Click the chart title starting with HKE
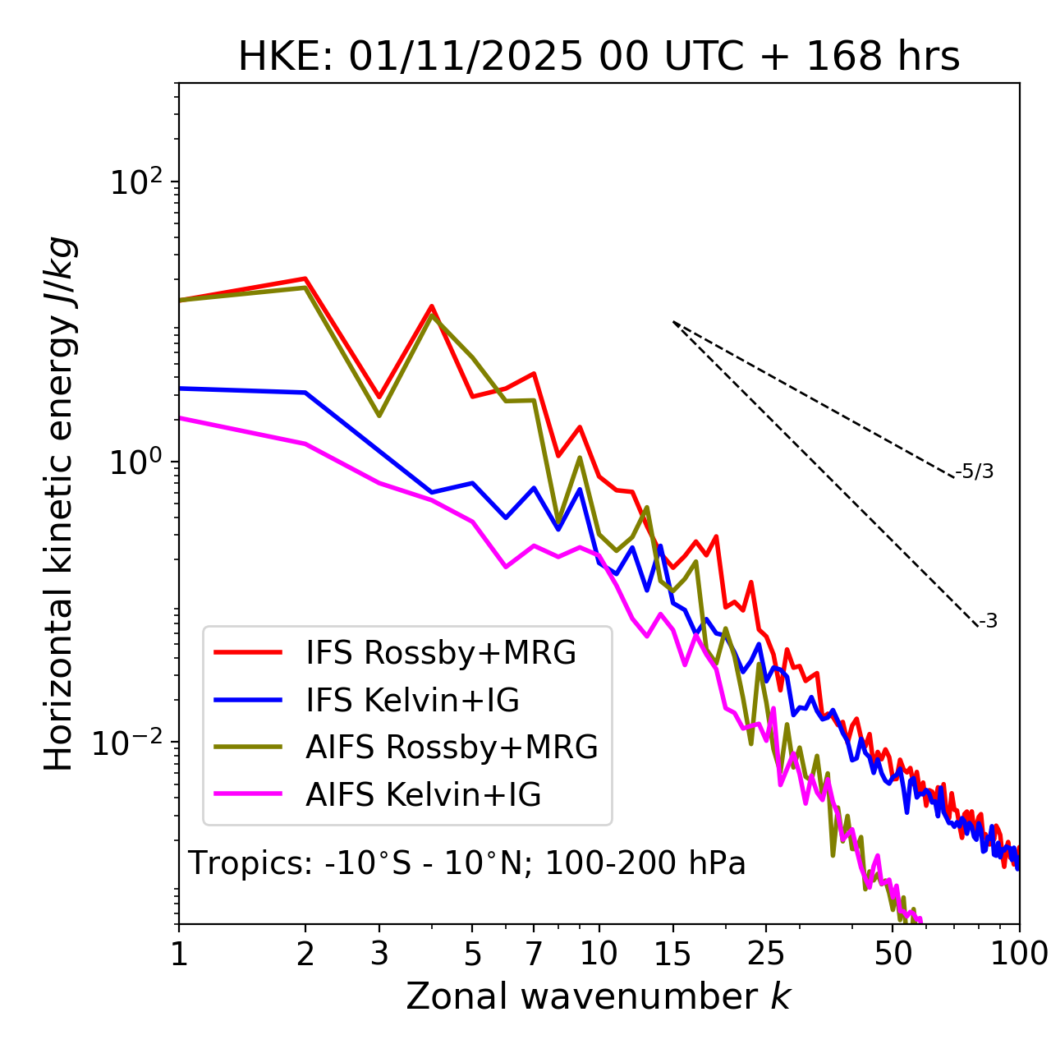click(x=599, y=57)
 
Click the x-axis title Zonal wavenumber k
click(x=598, y=996)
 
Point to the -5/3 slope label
click(x=975, y=471)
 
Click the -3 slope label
click(x=988, y=621)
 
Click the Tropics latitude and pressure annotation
click(x=466, y=863)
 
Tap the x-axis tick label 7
click(x=534, y=953)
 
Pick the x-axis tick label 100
click(x=1019, y=953)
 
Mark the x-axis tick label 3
click(x=379, y=953)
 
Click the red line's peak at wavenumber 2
click(x=305, y=278)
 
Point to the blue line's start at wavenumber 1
click(x=180, y=388)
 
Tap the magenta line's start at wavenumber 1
click(x=180, y=418)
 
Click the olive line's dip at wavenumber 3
click(x=379, y=416)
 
